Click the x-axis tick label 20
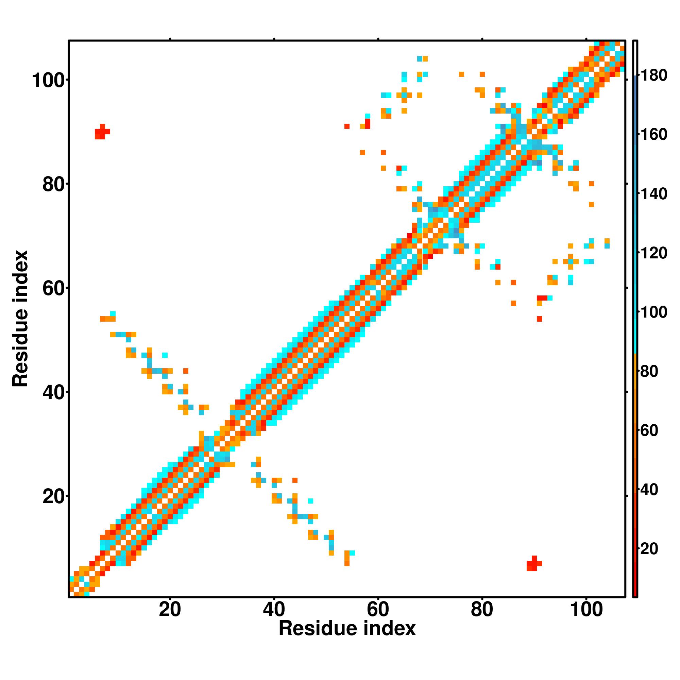click(170, 610)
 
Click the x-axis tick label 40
click(274, 610)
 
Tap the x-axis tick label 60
click(378, 610)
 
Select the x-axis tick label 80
click(482, 610)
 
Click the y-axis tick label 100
click(49, 81)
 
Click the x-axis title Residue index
click(347, 629)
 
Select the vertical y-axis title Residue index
click(20, 319)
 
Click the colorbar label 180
click(653, 76)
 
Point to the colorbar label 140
click(653, 194)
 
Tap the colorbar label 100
click(653, 312)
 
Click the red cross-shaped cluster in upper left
click(102, 132)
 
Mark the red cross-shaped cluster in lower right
click(534, 564)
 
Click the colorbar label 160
click(653, 135)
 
